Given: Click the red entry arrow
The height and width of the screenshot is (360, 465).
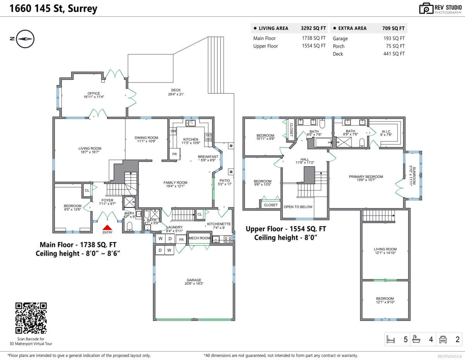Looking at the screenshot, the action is pos(107,227).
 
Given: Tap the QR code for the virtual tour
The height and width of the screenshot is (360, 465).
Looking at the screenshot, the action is pos(31,318).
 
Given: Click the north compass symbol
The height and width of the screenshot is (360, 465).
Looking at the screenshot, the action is pos(25,39).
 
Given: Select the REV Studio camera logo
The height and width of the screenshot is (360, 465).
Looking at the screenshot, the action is pos(426,9).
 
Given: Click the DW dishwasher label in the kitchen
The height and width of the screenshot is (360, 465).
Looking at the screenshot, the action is pos(173,131).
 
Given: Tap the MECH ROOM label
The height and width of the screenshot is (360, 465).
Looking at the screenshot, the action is pos(200,238).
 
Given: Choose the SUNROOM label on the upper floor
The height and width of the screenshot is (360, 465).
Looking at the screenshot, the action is pos(412,176).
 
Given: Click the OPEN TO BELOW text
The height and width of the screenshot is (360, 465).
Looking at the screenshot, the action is pos(298,207).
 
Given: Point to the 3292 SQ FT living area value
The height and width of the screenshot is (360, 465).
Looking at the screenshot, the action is pos(313,28).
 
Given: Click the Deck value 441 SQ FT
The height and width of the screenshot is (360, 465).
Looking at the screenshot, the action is pos(394,54).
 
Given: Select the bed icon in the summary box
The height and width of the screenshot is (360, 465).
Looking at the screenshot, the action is pos(391,339).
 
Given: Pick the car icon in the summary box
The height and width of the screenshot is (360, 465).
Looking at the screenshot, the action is pos(443,339).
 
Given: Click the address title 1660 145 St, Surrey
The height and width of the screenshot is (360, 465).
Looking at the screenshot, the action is pos(53,9).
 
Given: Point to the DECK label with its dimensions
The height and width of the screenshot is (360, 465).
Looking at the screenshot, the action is pos(176,92).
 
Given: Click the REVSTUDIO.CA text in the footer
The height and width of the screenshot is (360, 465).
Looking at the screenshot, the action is pos(449,357).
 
